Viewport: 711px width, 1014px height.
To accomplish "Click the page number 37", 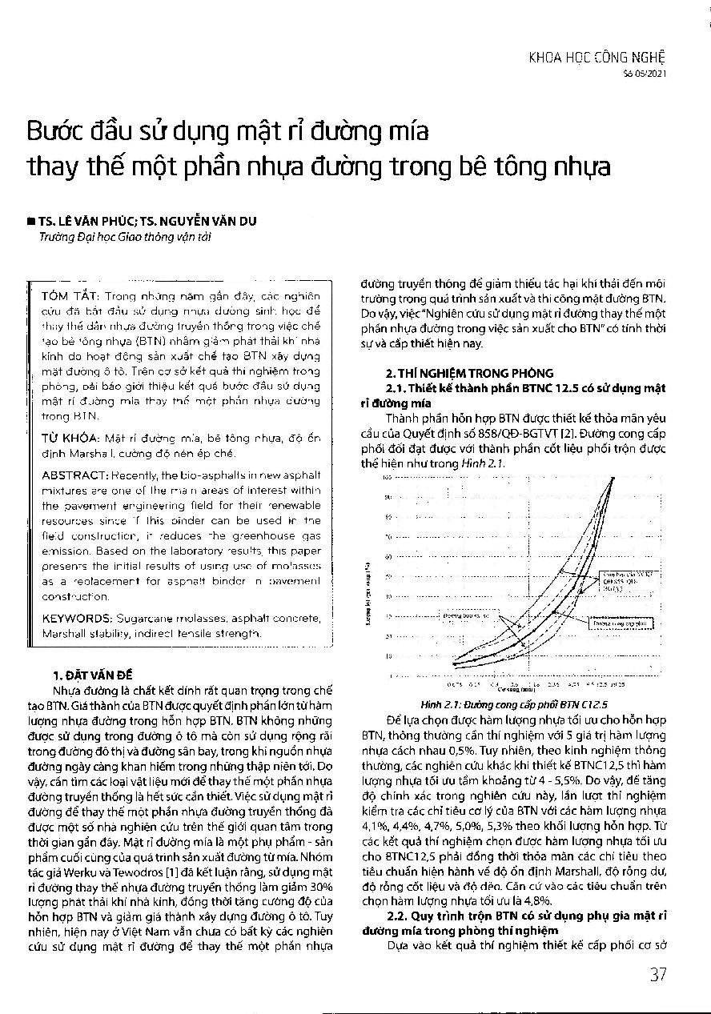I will pos(657,974).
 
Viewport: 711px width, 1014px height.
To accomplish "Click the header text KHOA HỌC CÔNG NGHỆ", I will pos(597,57).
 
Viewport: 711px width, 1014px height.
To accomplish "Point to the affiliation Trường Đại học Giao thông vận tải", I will pos(126,237).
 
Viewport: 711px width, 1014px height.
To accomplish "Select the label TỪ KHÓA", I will pos(67,439).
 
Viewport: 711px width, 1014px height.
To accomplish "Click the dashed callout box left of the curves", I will pos(471,616).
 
